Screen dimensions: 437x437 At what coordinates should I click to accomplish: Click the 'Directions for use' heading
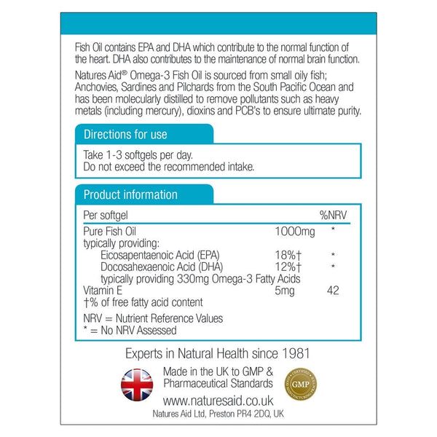[125, 135]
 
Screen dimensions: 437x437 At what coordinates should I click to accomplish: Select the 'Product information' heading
[130, 195]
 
